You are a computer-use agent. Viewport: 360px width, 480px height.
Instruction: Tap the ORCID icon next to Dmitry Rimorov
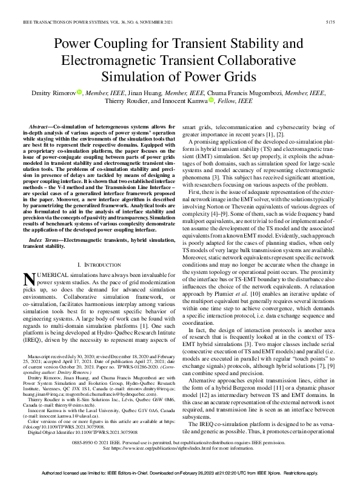[x=79, y=92]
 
